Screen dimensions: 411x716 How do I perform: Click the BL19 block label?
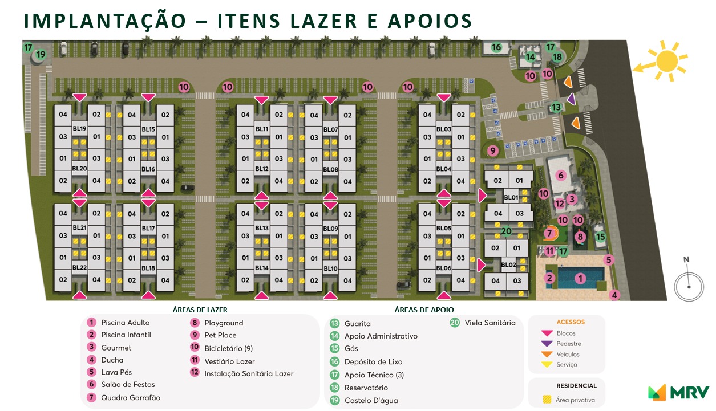[x=79, y=129]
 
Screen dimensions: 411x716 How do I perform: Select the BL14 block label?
[x=262, y=268]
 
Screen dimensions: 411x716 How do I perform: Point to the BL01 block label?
[x=511, y=198]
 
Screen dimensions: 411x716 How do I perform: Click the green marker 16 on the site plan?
[x=496, y=47]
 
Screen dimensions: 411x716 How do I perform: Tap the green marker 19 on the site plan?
[x=41, y=55]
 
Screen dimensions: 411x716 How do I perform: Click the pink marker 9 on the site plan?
[x=493, y=150]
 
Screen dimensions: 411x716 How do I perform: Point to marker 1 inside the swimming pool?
[x=580, y=278]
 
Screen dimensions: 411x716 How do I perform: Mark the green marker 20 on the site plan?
[x=506, y=231]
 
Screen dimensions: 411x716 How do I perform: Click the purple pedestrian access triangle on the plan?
[x=571, y=100]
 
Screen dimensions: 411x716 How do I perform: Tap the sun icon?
[x=665, y=60]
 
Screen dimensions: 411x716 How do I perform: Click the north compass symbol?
[x=689, y=283]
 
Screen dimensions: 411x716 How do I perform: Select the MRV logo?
[x=678, y=392]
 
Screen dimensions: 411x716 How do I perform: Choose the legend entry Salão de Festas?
[x=128, y=385]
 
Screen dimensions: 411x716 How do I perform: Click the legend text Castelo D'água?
[x=371, y=401]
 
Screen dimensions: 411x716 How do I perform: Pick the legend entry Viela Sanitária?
[x=490, y=323]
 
